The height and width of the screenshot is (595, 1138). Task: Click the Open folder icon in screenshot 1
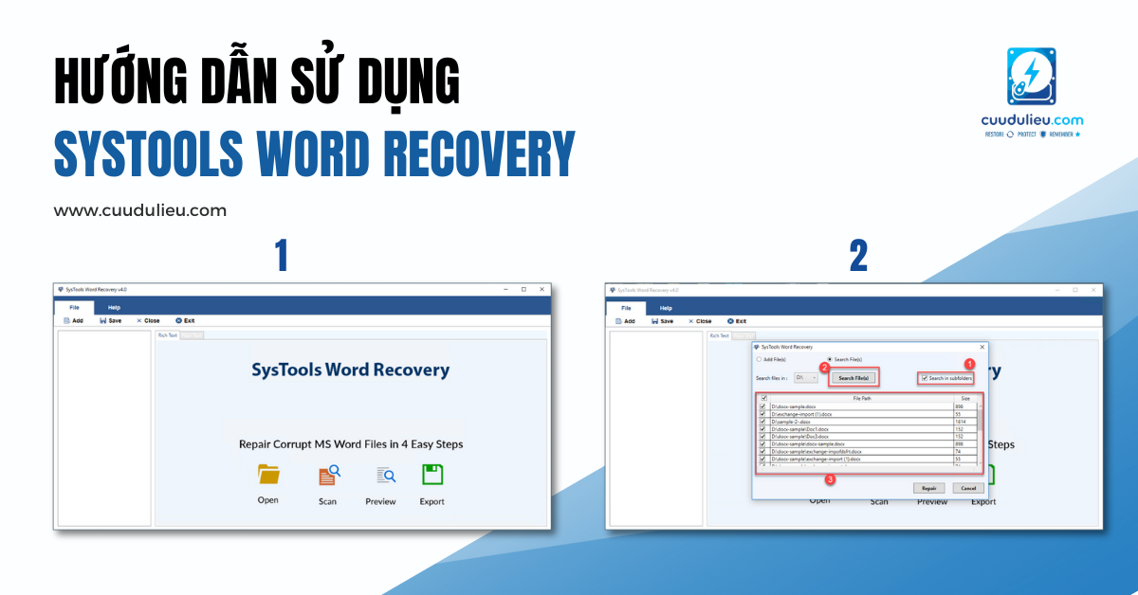(x=268, y=474)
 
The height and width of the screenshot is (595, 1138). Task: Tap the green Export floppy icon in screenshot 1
(x=432, y=475)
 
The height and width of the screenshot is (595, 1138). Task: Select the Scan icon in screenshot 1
(x=328, y=476)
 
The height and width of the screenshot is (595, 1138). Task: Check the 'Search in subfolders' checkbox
(x=925, y=378)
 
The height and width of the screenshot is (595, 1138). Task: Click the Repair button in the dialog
(x=929, y=488)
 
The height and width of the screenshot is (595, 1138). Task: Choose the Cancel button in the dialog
(x=966, y=488)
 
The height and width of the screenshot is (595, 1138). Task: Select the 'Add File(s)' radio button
(x=759, y=359)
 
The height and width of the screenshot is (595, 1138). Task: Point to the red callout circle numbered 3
(x=831, y=479)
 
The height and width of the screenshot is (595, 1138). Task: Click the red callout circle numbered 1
(x=969, y=364)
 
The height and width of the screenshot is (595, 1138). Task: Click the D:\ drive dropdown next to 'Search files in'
(x=806, y=378)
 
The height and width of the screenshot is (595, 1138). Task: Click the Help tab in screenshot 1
(x=114, y=308)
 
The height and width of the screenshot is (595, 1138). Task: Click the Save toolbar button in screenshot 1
(x=110, y=321)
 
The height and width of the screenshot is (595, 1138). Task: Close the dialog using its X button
(x=982, y=347)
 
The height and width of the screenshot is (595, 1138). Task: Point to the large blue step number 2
(x=858, y=256)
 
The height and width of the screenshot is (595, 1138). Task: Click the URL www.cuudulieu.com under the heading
(x=140, y=210)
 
